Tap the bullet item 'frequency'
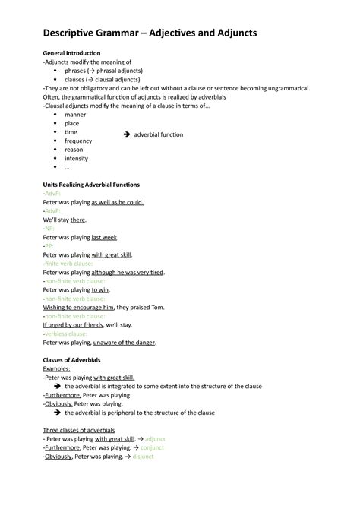tap(79, 141)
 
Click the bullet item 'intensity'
tap(77, 158)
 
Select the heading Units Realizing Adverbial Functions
tap(91, 185)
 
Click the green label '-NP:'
tap(49, 228)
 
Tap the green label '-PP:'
tap(49, 246)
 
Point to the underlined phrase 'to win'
tap(100, 289)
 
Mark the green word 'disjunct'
tap(144, 457)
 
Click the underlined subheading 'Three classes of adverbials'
tap(84, 430)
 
